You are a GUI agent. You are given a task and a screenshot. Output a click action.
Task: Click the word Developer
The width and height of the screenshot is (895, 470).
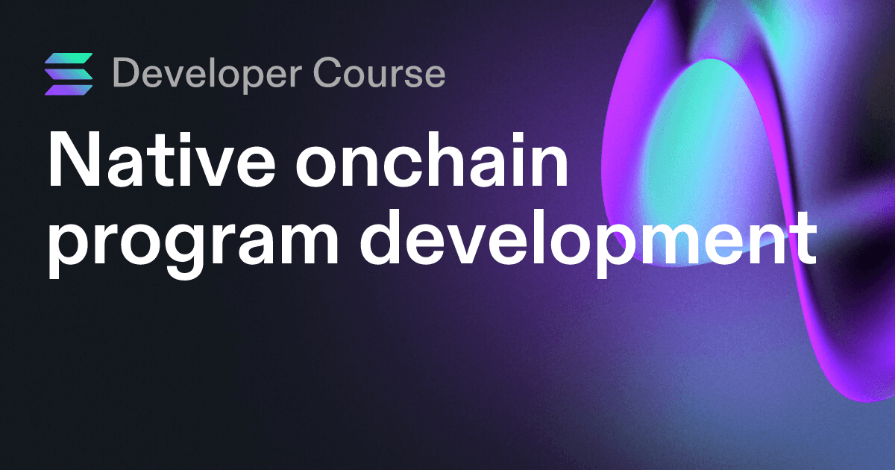click(207, 74)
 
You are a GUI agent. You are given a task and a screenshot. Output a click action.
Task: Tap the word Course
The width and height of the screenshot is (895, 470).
click(379, 72)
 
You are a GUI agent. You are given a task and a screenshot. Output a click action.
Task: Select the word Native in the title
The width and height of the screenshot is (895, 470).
click(161, 159)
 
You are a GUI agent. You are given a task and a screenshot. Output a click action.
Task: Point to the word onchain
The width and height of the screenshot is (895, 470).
click(432, 159)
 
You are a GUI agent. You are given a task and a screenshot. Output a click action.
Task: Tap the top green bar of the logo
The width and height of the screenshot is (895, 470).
click(69, 58)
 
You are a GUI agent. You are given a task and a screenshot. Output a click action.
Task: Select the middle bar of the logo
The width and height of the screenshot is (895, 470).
click(69, 74)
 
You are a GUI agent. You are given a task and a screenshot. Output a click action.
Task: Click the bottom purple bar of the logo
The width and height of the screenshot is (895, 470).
click(69, 90)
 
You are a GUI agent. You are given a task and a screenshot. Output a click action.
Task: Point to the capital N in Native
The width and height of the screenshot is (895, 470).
click(74, 160)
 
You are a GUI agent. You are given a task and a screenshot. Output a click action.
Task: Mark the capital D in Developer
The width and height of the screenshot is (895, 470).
click(128, 72)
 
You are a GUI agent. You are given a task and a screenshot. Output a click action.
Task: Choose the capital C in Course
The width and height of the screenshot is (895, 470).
click(328, 72)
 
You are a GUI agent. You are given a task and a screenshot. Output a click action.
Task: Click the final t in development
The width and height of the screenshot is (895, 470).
click(803, 240)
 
